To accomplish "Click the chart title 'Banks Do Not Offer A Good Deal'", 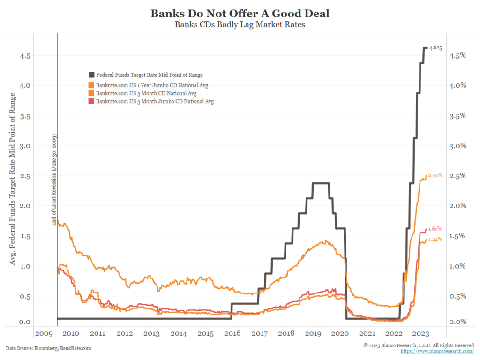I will coord(240,13).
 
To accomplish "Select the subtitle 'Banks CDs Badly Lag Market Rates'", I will coord(240,24).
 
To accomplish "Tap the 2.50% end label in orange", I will coord(435,175).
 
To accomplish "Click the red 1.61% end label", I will coord(435,228).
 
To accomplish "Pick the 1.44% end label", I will coord(435,239).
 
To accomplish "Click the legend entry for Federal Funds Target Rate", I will coord(149,75).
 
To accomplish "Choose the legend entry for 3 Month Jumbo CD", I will coord(154,101).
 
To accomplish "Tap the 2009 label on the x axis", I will coord(43,333).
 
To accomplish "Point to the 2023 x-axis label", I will coord(421,333).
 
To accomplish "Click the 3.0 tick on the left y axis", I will coord(25,146).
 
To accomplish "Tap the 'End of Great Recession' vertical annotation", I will coord(53,180).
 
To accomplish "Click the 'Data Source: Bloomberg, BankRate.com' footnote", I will coord(48,348).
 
